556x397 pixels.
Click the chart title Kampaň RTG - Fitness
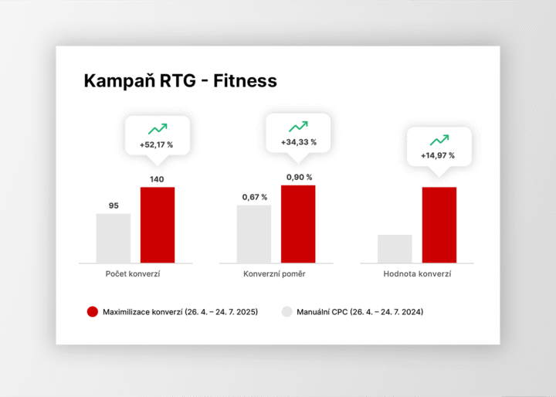pos(180,81)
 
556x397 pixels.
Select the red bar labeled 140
pos(158,225)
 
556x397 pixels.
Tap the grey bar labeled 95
pos(114,238)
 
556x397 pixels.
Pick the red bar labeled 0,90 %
pos(298,224)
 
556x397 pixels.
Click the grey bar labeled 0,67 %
pos(254,234)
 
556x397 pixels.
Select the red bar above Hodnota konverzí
pos(439,225)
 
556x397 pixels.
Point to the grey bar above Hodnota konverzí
pos(395,249)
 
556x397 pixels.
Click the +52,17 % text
pos(158,144)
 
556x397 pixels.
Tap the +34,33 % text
pos(298,142)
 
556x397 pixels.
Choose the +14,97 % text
pos(439,155)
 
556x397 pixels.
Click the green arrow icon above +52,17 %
pos(158,129)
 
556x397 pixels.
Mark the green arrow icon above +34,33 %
pos(298,127)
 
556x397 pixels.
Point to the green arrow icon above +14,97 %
pos(439,140)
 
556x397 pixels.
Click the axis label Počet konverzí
pos(133,274)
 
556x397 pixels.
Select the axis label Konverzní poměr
pos(276,274)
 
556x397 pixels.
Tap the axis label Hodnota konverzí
pos(417,274)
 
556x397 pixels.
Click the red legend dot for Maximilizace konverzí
pos(93,312)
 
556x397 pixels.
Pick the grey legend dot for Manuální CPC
pos(286,312)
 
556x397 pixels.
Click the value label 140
pos(158,179)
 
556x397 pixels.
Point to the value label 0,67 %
pos(254,197)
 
